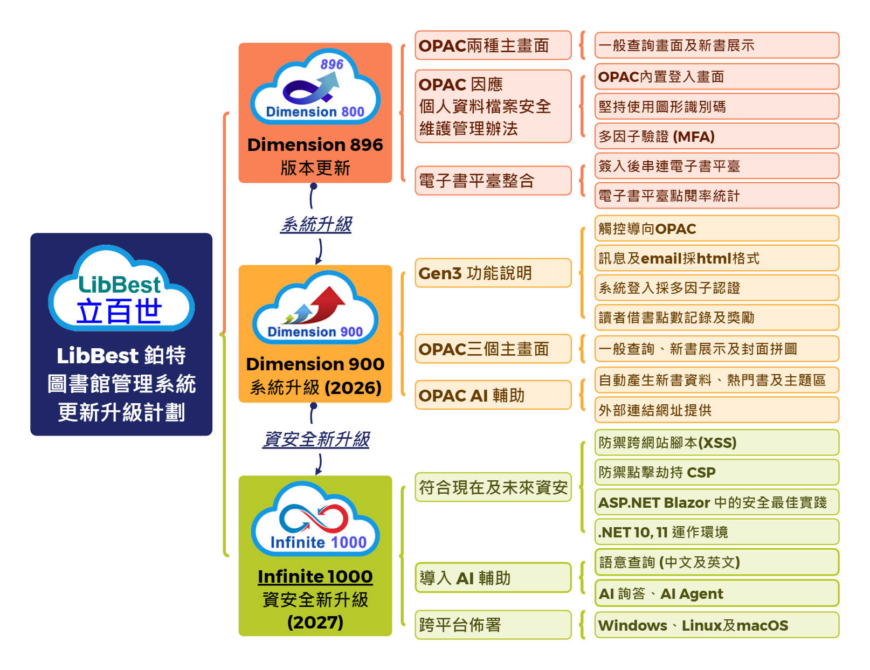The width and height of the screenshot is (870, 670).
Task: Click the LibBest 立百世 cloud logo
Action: tap(121, 290)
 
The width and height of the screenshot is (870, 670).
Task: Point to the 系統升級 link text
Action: tap(316, 224)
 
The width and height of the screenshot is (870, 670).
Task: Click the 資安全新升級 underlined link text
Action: tap(316, 440)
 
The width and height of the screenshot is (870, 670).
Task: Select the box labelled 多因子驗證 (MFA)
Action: tap(716, 136)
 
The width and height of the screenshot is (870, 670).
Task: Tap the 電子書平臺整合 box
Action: tap(493, 181)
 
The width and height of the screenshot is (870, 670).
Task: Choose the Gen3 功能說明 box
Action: tap(493, 273)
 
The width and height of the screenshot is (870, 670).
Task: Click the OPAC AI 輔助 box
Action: tap(493, 395)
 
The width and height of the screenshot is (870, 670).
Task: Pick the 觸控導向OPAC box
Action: tap(716, 229)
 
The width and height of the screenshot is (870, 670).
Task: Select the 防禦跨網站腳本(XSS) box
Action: tap(716, 443)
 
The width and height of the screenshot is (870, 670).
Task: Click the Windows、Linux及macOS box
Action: tap(716, 625)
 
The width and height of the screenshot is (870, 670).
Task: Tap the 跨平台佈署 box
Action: tap(493, 625)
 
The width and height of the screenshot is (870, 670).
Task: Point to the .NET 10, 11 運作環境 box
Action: tap(716, 532)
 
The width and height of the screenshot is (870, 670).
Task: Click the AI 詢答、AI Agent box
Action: tap(716, 593)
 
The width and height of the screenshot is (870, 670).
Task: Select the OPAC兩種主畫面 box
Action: tap(493, 45)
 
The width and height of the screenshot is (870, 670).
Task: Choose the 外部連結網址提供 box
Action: tap(716, 410)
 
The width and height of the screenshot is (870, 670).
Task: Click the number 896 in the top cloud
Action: tap(332, 65)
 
